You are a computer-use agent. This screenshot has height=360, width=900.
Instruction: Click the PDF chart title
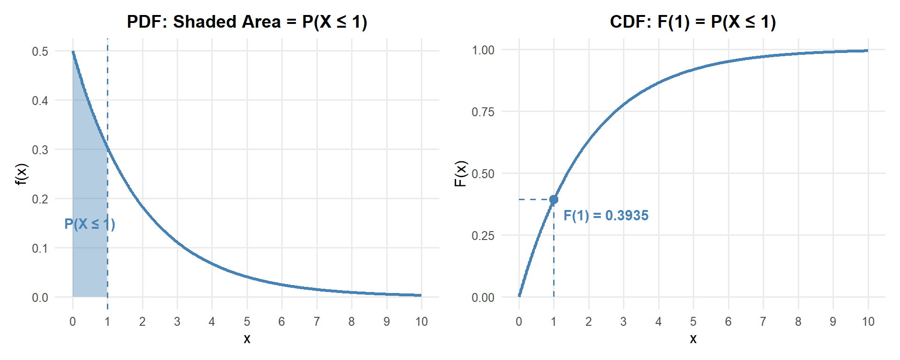pos(247,22)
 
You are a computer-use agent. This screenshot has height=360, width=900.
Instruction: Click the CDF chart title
pos(693,22)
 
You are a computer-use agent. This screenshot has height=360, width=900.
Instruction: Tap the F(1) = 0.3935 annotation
pos(606,216)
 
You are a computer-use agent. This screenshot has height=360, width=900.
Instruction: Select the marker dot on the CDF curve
pos(554,200)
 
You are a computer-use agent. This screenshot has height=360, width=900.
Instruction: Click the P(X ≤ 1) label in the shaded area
pos(90,224)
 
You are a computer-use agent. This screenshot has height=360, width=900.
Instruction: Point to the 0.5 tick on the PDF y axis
pos(40,52)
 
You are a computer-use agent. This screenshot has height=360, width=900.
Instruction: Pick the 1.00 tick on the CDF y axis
pos(483,50)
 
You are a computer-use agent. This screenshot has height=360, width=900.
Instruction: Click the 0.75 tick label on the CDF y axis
pos(483,112)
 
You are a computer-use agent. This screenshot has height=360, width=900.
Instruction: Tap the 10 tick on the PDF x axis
pos(421,322)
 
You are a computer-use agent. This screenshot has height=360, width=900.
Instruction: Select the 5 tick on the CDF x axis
pos(693,322)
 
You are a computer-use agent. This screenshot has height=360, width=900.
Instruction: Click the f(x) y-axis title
pos(22,174)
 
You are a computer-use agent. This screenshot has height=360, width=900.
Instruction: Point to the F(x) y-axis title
pos(461,173)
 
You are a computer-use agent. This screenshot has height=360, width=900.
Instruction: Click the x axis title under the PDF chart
pos(247,339)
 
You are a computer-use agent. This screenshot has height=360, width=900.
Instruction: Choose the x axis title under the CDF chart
pos(693,339)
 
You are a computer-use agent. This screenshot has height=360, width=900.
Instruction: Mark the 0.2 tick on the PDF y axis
pos(40,199)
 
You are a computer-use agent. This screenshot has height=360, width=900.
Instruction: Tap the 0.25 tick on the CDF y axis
pos(483,236)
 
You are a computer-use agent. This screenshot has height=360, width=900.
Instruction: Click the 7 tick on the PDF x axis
pos(317,322)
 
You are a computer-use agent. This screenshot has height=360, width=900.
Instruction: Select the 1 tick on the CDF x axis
pos(554,322)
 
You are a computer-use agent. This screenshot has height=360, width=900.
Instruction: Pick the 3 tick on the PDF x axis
pos(177,322)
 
